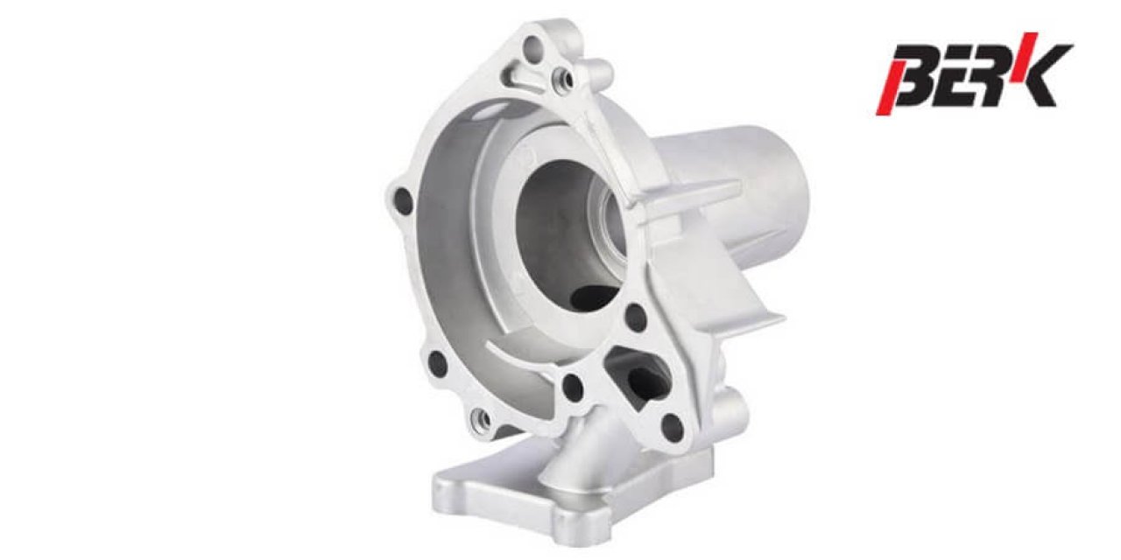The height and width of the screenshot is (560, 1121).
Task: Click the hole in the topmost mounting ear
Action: (x=533, y=48)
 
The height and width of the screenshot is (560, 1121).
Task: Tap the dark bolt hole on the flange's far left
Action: (x=404, y=200)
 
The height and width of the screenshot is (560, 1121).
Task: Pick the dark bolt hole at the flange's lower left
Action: (x=438, y=364)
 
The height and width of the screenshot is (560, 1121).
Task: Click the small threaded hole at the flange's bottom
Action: (x=482, y=421)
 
